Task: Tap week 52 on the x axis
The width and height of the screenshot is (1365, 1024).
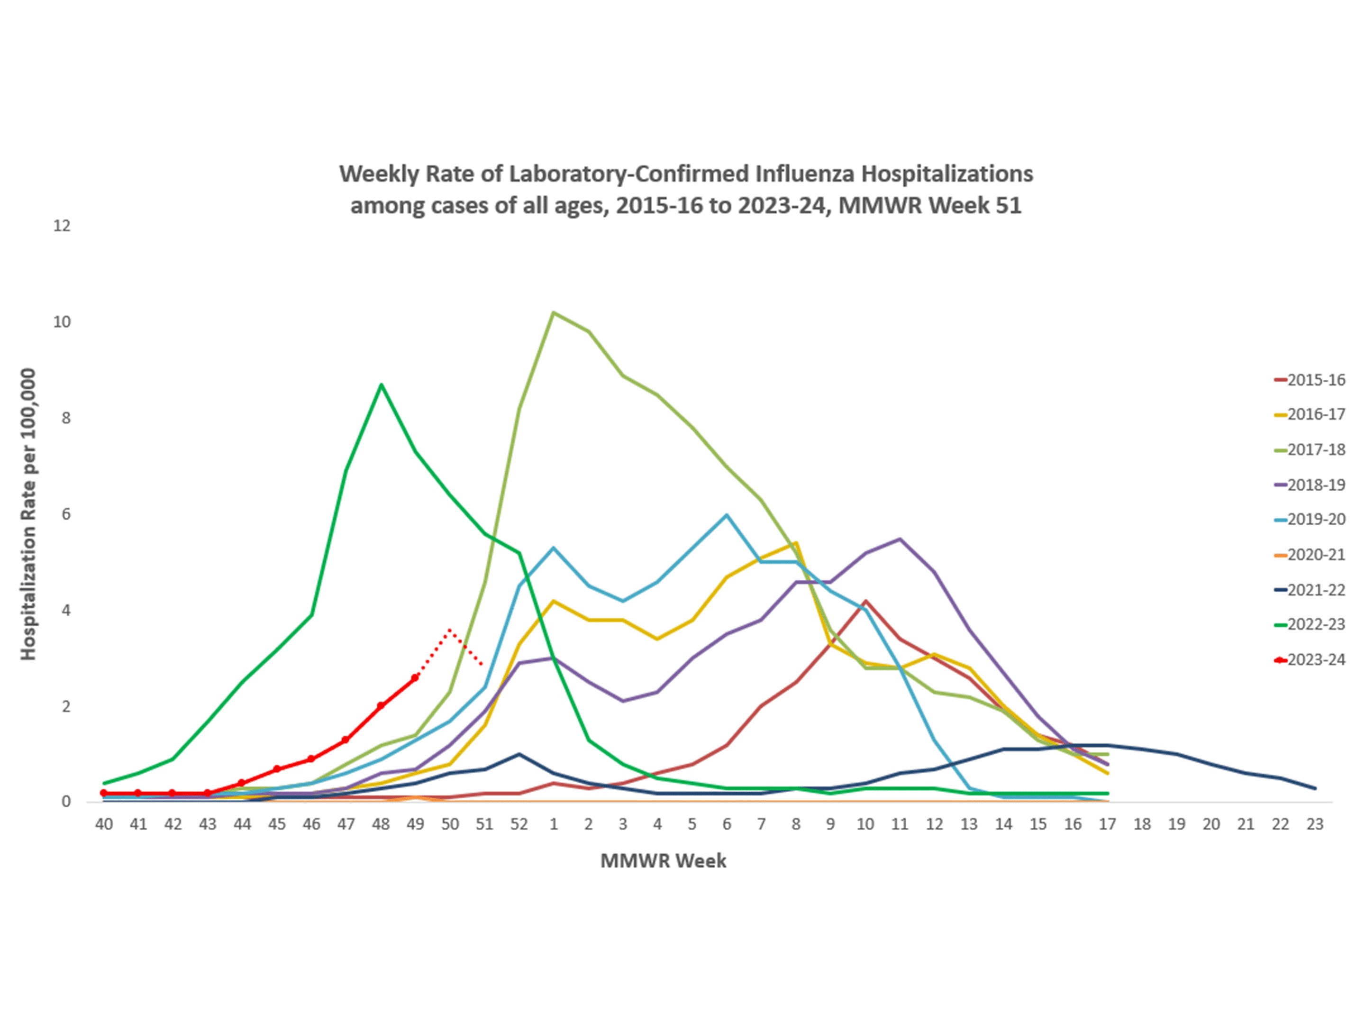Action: (519, 824)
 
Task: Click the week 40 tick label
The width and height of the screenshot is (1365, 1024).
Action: (104, 824)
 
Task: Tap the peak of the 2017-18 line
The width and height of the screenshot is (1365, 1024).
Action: (554, 312)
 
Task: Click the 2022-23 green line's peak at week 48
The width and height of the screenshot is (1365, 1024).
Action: (382, 384)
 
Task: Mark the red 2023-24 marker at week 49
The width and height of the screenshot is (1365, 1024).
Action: (415, 678)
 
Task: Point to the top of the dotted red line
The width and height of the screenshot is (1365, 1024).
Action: (450, 630)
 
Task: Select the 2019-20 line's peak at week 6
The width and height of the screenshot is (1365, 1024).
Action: (727, 515)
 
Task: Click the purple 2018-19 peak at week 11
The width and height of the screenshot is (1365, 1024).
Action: (900, 539)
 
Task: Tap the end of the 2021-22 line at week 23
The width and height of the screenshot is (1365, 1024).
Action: (1315, 788)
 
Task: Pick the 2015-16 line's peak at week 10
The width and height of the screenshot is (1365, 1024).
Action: (866, 601)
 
